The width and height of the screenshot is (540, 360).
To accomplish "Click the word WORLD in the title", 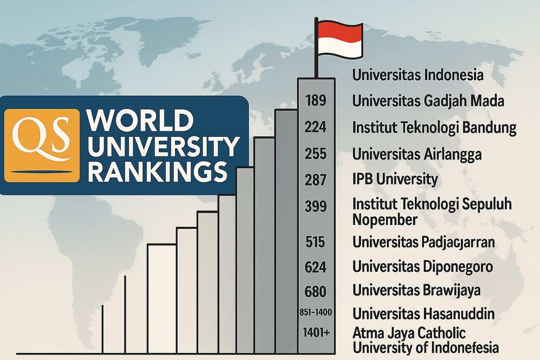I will [x=139, y=121].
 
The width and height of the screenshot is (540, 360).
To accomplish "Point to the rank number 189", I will [x=315, y=101].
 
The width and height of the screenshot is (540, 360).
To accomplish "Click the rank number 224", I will [x=315, y=128].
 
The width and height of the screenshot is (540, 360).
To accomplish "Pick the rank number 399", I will [x=315, y=207].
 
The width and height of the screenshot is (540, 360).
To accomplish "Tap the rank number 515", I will [x=315, y=242].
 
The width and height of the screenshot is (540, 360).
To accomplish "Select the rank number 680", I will [x=315, y=291].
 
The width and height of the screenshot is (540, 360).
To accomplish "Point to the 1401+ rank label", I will [x=315, y=333].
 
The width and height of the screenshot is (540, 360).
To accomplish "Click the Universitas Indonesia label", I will [x=418, y=75].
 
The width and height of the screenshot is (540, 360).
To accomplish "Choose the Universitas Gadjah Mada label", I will [x=428, y=101].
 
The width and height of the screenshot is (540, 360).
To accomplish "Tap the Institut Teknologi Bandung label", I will [x=434, y=128].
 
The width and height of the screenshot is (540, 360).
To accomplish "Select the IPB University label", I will [x=395, y=180].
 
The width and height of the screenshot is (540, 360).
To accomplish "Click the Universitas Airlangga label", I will [x=417, y=154].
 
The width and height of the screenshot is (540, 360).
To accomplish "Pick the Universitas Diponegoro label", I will [x=422, y=266].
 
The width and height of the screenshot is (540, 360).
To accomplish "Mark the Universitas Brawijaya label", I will [x=416, y=290].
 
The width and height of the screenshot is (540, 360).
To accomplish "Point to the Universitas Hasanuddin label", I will [x=423, y=313].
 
